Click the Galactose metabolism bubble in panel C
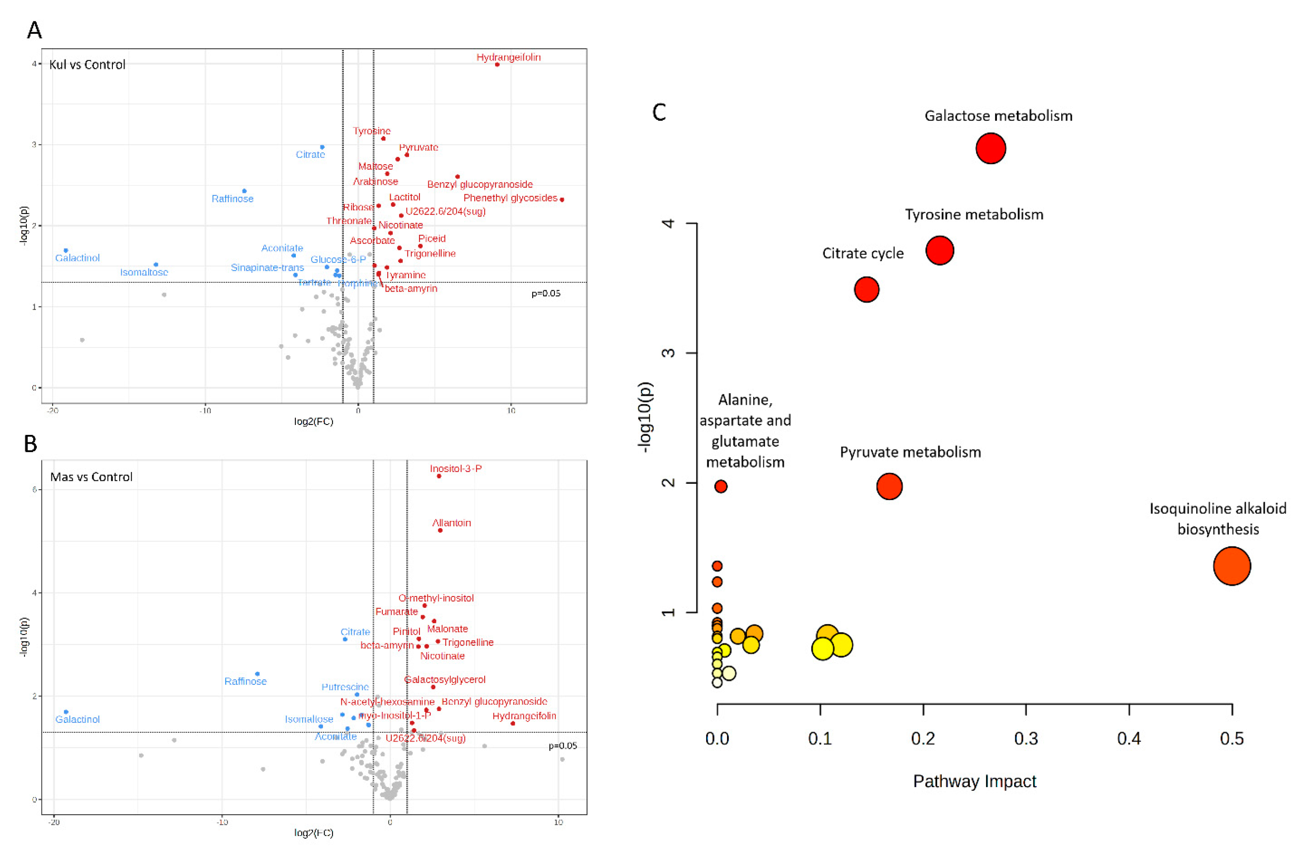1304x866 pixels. click(x=990, y=149)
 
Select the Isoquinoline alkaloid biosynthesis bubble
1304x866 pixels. click(x=1232, y=566)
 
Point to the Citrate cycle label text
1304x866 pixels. click(x=863, y=254)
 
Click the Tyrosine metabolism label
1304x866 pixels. click(x=974, y=214)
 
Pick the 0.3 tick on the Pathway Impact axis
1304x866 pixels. click(x=1026, y=739)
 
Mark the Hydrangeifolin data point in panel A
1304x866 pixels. click(x=497, y=65)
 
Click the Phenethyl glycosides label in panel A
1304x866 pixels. click(x=510, y=198)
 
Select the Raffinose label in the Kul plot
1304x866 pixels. click(x=233, y=199)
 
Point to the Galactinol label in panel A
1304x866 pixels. click(x=77, y=258)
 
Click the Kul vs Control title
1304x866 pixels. click(x=87, y=65)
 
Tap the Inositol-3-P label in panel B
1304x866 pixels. click(x=456, y=468)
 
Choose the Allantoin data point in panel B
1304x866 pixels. click(x=440, y=530)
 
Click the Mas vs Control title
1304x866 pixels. click(x=91, y=477)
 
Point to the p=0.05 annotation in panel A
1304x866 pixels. click(x=546, y=293)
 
